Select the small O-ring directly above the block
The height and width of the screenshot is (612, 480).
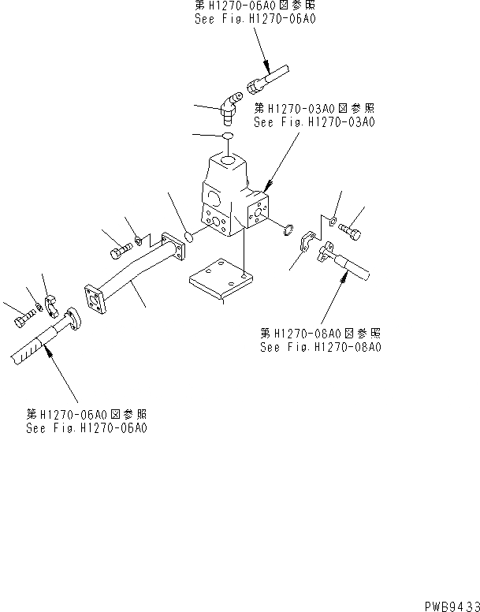[x=226, y=136]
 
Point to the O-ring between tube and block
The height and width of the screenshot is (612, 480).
[x=190, y=235]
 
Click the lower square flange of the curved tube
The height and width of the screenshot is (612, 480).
[x=98, y=304]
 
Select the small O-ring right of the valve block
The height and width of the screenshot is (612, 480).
[x=287, y=230]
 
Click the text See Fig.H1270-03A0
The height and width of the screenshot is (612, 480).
[x=314, y=122]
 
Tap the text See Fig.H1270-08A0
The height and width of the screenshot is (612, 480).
[x=319, y=347]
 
